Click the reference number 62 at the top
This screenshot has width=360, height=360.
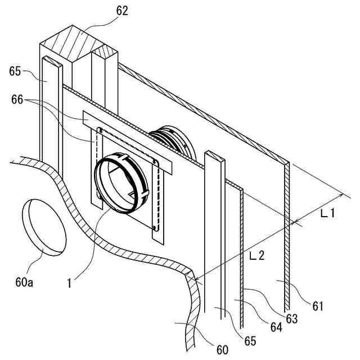[123, 11]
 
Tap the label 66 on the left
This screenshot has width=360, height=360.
[18, 100]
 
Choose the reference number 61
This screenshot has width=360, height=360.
[319, 306]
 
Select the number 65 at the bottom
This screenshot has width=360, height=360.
[250, 341]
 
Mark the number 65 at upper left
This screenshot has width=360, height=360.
[16, 71]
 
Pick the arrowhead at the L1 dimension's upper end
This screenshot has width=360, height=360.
[341, 195]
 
